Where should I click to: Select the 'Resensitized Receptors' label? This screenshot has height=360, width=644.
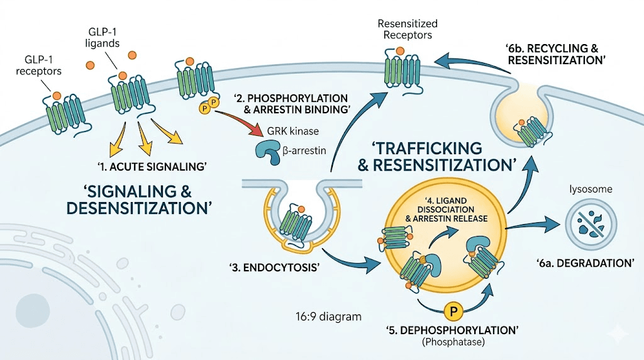(x=407, y=30)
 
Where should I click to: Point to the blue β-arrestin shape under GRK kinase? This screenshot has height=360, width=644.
(x=269, y=152)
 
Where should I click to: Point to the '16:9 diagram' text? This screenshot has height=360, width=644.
(x=328, y=317)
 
